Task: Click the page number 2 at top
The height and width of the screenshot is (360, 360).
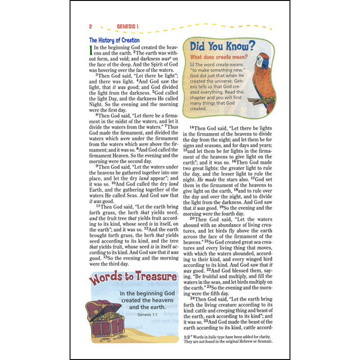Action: pos(91,26)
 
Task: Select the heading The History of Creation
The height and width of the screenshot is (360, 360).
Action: pos(114,40)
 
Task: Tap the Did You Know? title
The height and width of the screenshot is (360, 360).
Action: pos(222,46)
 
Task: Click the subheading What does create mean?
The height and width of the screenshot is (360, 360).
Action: pos(219,57)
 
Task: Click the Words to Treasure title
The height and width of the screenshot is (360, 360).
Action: pos(133,277)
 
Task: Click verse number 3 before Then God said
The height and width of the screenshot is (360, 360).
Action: pos(97,75)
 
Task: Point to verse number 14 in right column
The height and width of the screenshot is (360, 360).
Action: pos(192,127)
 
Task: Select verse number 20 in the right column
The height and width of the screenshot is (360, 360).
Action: pos(192,219)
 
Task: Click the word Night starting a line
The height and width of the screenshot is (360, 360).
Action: pos(95,104)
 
